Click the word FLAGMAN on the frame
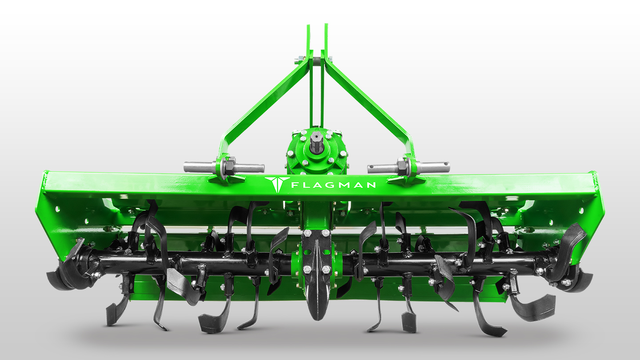[333, 185]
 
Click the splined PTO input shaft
[317, 142]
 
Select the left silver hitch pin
[224, 168]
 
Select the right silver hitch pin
[408, 168]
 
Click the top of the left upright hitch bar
[308, 26]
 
